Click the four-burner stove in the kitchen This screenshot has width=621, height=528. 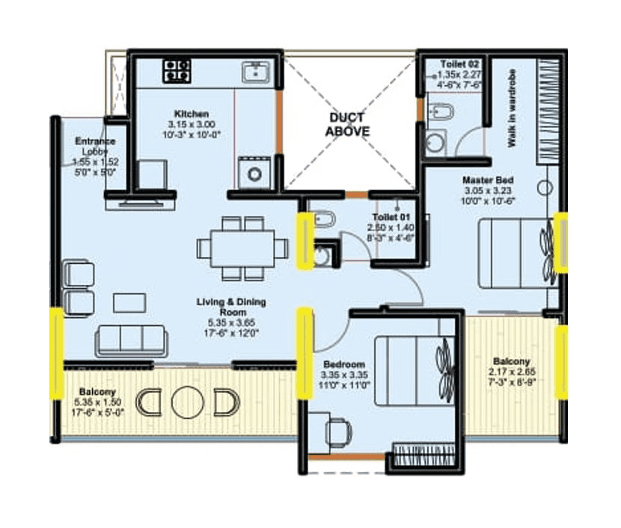tap(177, 70)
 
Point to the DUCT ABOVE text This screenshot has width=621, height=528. tap(347, 124)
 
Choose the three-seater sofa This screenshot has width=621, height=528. tap(132, 341)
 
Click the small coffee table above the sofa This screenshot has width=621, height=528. tap(129, 302)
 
